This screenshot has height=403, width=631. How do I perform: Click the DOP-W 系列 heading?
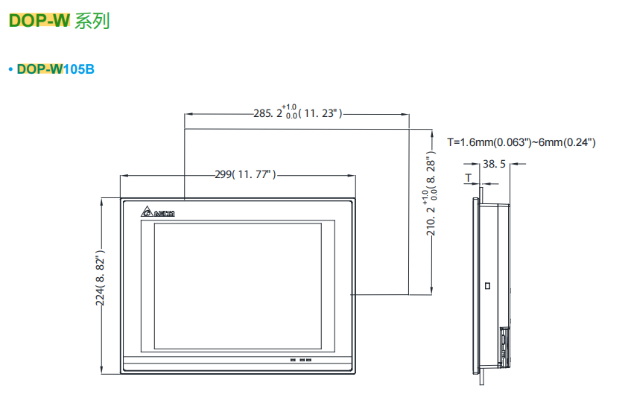point(59,21)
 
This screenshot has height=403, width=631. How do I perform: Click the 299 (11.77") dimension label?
point(245,175)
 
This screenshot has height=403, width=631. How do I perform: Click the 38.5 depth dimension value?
point(494,163)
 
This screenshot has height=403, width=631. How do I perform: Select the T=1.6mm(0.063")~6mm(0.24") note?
point(521,142)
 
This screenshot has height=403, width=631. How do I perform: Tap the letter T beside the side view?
point(468,178)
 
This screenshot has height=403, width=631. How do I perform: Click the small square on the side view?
point(487,286)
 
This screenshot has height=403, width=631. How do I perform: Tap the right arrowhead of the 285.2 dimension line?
point(405,114)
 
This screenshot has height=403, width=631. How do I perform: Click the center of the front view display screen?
point(238,285)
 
